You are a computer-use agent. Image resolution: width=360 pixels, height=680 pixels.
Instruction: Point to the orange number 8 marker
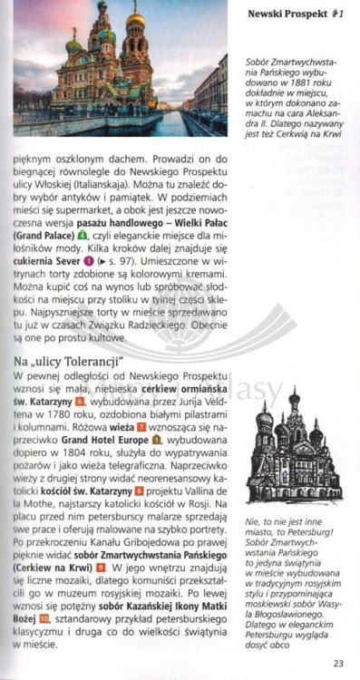(138, 491)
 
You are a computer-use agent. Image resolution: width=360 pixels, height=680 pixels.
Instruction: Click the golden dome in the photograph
(135, 19)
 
